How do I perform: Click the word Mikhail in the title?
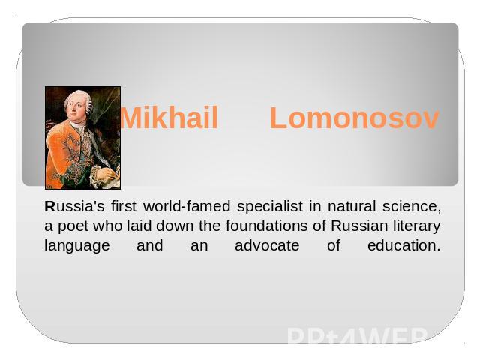pos(169,118)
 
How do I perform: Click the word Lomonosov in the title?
pos(355,118)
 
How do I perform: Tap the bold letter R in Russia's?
pos(49,206)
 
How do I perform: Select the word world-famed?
pos(187,206)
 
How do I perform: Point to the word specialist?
pos(270,207)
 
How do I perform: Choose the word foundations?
pos(267,226)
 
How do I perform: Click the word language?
pos(77,246)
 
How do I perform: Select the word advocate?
pos(267,245)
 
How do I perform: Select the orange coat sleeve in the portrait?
pos(58,153)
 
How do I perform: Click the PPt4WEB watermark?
pos(357,336)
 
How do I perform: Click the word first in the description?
pos(124,206)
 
